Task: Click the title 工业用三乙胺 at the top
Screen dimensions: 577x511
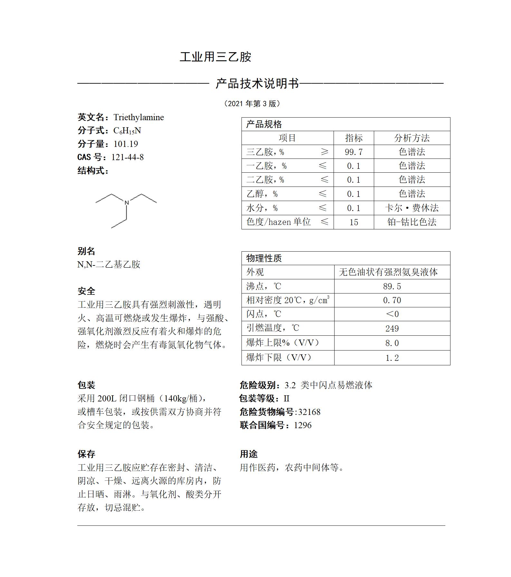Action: [215, 57]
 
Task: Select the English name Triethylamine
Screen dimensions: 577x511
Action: [138, 117]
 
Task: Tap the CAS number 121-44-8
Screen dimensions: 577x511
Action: [128, 157]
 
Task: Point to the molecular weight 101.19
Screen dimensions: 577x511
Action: [126, 144]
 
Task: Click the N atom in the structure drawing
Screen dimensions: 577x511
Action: [127, 203]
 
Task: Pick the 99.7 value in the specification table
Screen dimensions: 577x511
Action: [354, 152]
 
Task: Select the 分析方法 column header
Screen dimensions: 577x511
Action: [412, 138]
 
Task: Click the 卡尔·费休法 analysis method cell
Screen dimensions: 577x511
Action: [412, 208]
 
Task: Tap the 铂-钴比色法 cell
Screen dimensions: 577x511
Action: [412, 222]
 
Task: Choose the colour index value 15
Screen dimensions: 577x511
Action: [354, 222]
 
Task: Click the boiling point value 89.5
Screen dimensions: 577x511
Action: [392, 286]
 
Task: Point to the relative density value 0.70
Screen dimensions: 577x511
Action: [392, 300]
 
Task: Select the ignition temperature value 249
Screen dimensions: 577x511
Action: [392, 329]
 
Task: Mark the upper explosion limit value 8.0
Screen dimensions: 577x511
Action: [392, 343]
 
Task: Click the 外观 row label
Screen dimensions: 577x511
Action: [255, 272]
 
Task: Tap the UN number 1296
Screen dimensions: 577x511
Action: [303, 425]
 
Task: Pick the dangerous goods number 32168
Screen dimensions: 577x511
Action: [309, 412]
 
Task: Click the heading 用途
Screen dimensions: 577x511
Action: [249, 454]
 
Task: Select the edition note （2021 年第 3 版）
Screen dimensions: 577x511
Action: [252, 104]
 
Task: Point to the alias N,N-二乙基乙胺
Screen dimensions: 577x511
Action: [109, 264]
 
